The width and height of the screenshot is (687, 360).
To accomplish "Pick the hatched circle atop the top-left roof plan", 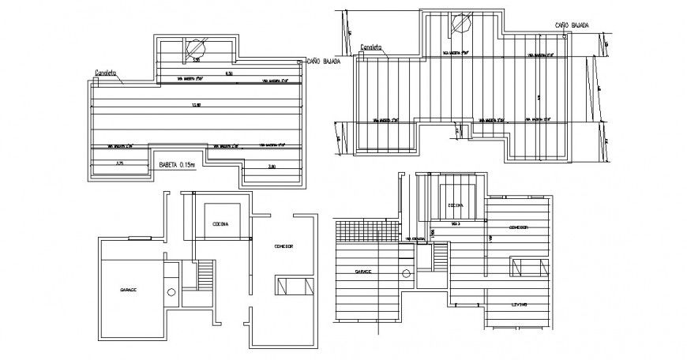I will pyautogui.click(x=193, y=48).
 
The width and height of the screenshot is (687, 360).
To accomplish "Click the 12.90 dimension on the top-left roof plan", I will pyautogui.click(x=196, y=105).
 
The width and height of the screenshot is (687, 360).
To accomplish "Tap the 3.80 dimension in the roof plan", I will pyautogui.click(x=271, y=167).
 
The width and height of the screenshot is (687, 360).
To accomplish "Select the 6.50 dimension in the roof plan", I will pyautogui.click(x=229, y=74).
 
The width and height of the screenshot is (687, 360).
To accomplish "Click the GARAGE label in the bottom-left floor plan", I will pyautogui.click(x=128, y=291).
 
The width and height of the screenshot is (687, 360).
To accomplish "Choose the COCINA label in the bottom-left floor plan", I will pyautogui.click(x=221, y=224).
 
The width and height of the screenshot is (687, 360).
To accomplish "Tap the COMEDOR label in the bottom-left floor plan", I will pyautogui.click(x=283, y=246).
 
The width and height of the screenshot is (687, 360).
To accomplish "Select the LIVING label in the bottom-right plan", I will pyautogui.click(x=518, y=305).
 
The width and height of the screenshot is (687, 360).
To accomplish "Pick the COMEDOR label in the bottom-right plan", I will pyautogui.click(x=518, y=227).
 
